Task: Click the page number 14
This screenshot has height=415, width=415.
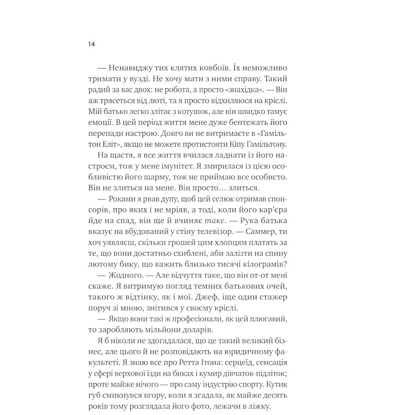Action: (x=91, y=44)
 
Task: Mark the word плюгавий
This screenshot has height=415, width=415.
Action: (x=270, y=319)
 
